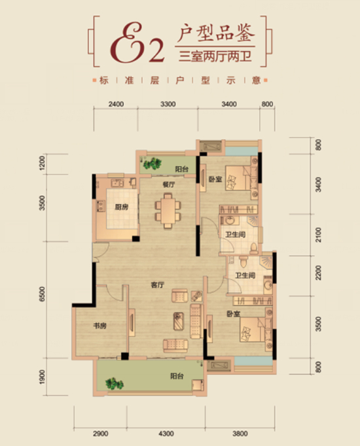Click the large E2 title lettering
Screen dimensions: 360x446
[x=137, y=44]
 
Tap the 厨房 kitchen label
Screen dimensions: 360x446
[x=122, y=207]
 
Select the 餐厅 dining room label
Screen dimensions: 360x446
[x=168, y=184]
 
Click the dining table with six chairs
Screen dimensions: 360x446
[x=168, y=211]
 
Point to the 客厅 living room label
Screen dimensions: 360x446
[x=157, y=284]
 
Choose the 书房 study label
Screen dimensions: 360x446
[x=100, y=326]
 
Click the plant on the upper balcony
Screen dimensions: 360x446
[x=152, y=164]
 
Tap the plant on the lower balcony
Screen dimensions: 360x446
[x=115, y=384]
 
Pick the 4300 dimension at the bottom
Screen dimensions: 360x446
[x=166, y=434]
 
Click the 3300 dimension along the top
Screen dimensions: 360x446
[x=168, y=104]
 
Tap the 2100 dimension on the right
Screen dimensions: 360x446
[x=319, y=235]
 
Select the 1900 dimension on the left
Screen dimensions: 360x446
[x=43, y=377]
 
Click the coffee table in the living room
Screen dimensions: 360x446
[x=179, y=321]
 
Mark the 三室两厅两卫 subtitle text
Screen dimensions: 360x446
[x=215, y=56]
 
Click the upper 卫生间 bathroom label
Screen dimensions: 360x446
[x=236, y=235]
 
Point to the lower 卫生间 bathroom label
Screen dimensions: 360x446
[x=245, y=275]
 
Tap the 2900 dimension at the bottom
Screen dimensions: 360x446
[x=100, y=434]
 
